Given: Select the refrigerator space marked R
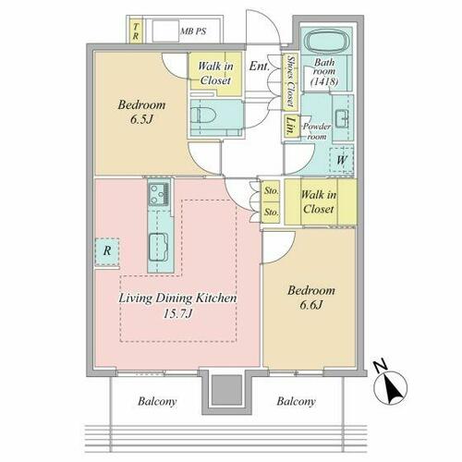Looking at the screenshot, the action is click(x=107, y=251).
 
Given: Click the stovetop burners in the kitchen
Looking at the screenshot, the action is click(x=159, y=194).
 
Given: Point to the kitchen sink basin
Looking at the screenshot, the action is click(x=159, y=247).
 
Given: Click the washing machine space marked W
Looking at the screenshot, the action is click(x=341, y=160).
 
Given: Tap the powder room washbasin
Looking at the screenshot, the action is click(x=343, y=118).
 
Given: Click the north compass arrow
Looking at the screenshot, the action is click(x=390, y=384).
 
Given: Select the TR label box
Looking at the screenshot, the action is click(x=135, y=31).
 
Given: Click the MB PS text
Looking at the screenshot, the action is click(x=193, y=31).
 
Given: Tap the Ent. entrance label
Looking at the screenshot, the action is click(x=259, y=66).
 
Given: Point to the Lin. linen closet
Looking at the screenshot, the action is click(x=290, y=126).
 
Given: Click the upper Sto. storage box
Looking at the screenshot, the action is click(x=271, y=191).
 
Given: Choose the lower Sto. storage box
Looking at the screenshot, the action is click(x=271, y=213).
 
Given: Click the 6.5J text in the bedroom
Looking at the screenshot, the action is click(x=141, y=119).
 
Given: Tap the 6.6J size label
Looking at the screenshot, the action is click(x=311, y=305).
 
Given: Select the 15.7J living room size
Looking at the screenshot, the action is click(x=178, y=314).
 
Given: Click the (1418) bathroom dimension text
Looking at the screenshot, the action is click(x=324, y=81).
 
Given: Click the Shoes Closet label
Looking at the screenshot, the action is click(x=290, y=82).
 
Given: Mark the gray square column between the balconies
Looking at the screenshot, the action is click(x=227, y=390).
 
